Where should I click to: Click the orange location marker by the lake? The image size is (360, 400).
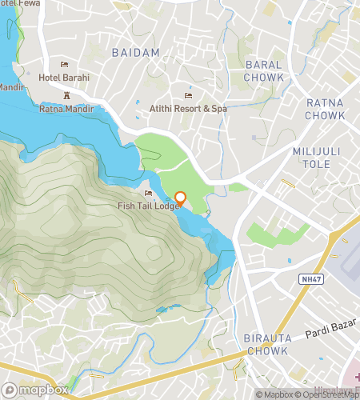click(x=180, y=198)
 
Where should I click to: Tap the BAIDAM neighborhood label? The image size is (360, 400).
click(x=135, y=52)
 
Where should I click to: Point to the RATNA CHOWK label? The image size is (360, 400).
click(x=326, y=109)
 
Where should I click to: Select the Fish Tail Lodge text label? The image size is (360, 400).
click(x=150, y=206)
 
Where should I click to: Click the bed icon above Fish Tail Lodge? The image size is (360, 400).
click(x=148, y=194)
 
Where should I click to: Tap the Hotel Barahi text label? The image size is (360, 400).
click(x=64, y=78)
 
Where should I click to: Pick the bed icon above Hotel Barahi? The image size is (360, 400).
click(x=64, y=65)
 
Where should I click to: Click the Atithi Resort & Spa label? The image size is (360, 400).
click(x=188, y=108)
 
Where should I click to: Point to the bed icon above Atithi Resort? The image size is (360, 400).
click(x=188, y=96)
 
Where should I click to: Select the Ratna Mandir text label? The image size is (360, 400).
click(x=66, y=108)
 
